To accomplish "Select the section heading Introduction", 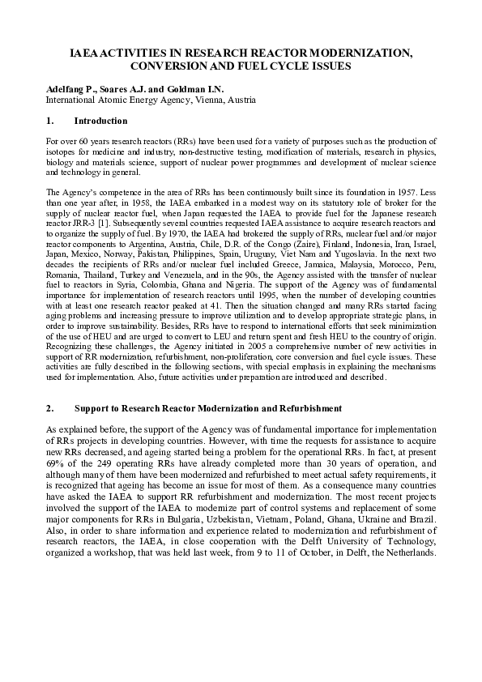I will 100,121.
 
